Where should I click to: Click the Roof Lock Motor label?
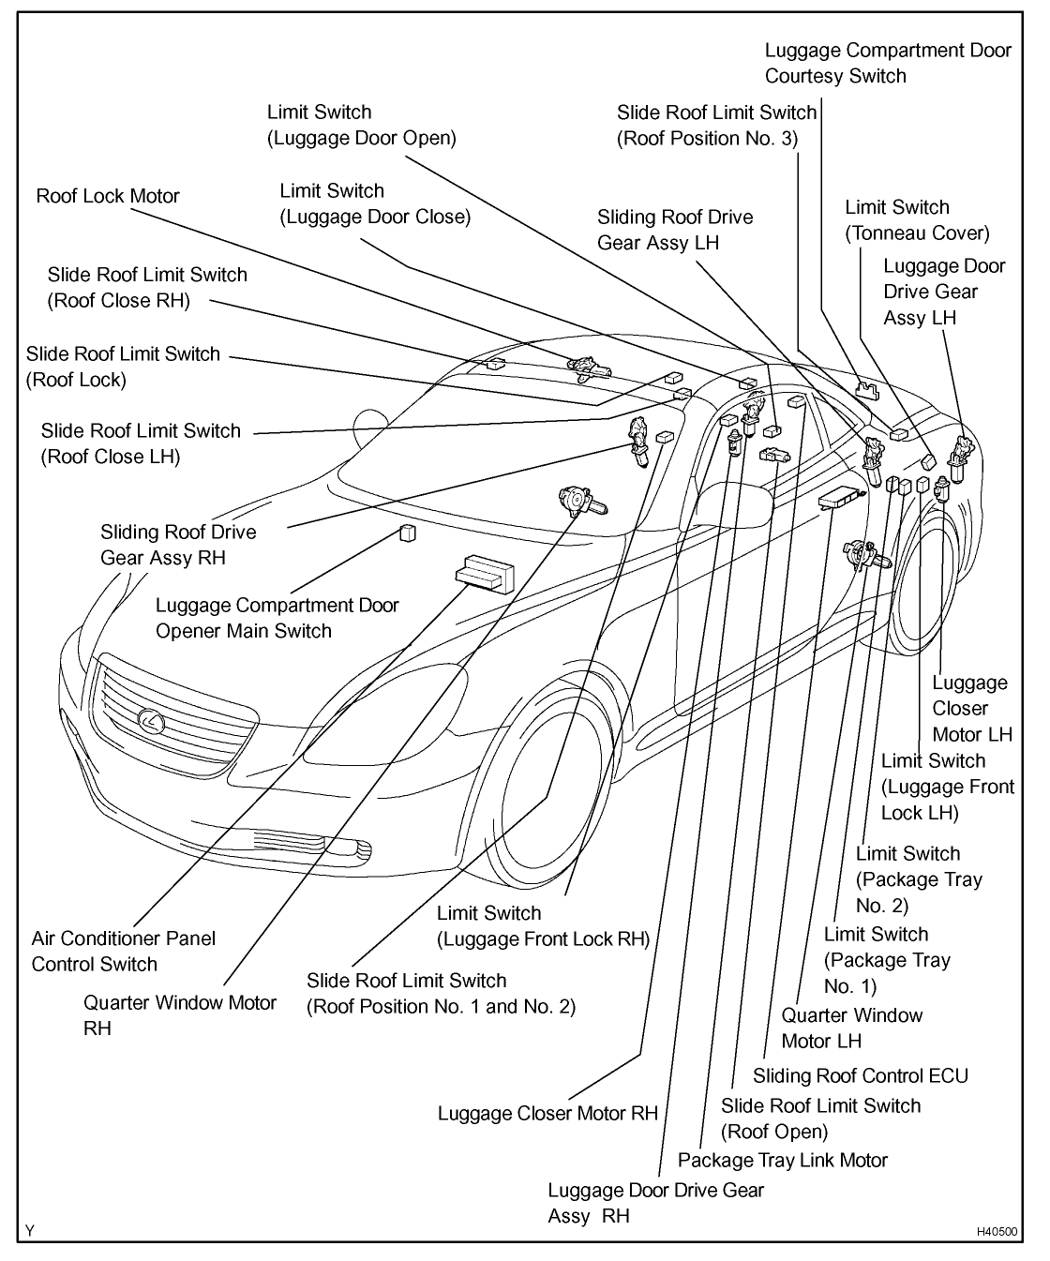(108, 196)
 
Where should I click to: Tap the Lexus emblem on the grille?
(149, 720)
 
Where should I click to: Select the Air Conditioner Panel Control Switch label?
(123, 951)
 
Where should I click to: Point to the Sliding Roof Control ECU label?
(860, 1075)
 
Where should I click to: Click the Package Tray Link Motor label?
(782, 1160)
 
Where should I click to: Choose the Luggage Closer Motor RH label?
(547, 1113)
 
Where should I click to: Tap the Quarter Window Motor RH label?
(179, 1014)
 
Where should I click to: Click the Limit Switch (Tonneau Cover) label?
(916, 219)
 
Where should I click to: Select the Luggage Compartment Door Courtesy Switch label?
(887, 63)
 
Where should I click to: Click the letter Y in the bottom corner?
(29, 1231)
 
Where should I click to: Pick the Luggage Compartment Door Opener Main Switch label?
(277, 618)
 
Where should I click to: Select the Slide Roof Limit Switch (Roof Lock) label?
(123, 366)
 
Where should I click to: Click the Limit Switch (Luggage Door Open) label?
(361, 125)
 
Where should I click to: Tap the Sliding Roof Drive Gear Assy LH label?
(674, 230)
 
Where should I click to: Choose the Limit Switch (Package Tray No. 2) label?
(918, 879)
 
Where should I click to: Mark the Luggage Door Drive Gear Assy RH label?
(654, 1203)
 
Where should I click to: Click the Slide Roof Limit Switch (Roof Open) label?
(820, 1118)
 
